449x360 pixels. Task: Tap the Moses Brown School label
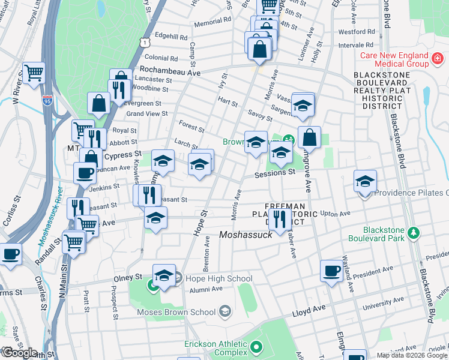pyautogui.click(x=175, y=311)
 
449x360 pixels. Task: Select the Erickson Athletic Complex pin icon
pyautogui.click(x=256, y=347)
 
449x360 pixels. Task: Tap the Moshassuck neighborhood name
pyautogui.click(x=246, y=234)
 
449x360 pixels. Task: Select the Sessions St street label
pyautogui.click(x=275, y=172)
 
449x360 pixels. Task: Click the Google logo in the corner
pyautogui.click(x=19, y=353)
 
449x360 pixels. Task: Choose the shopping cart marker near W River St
pyautogui.click(x=34, y=73)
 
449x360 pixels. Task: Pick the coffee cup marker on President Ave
pyautogui.click(x=331, y=271)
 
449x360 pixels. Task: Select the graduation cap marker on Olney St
pyautogui.click(x=164, y=275)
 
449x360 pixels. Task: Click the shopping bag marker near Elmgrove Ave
pyautogui.click(x=309, y=137)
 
